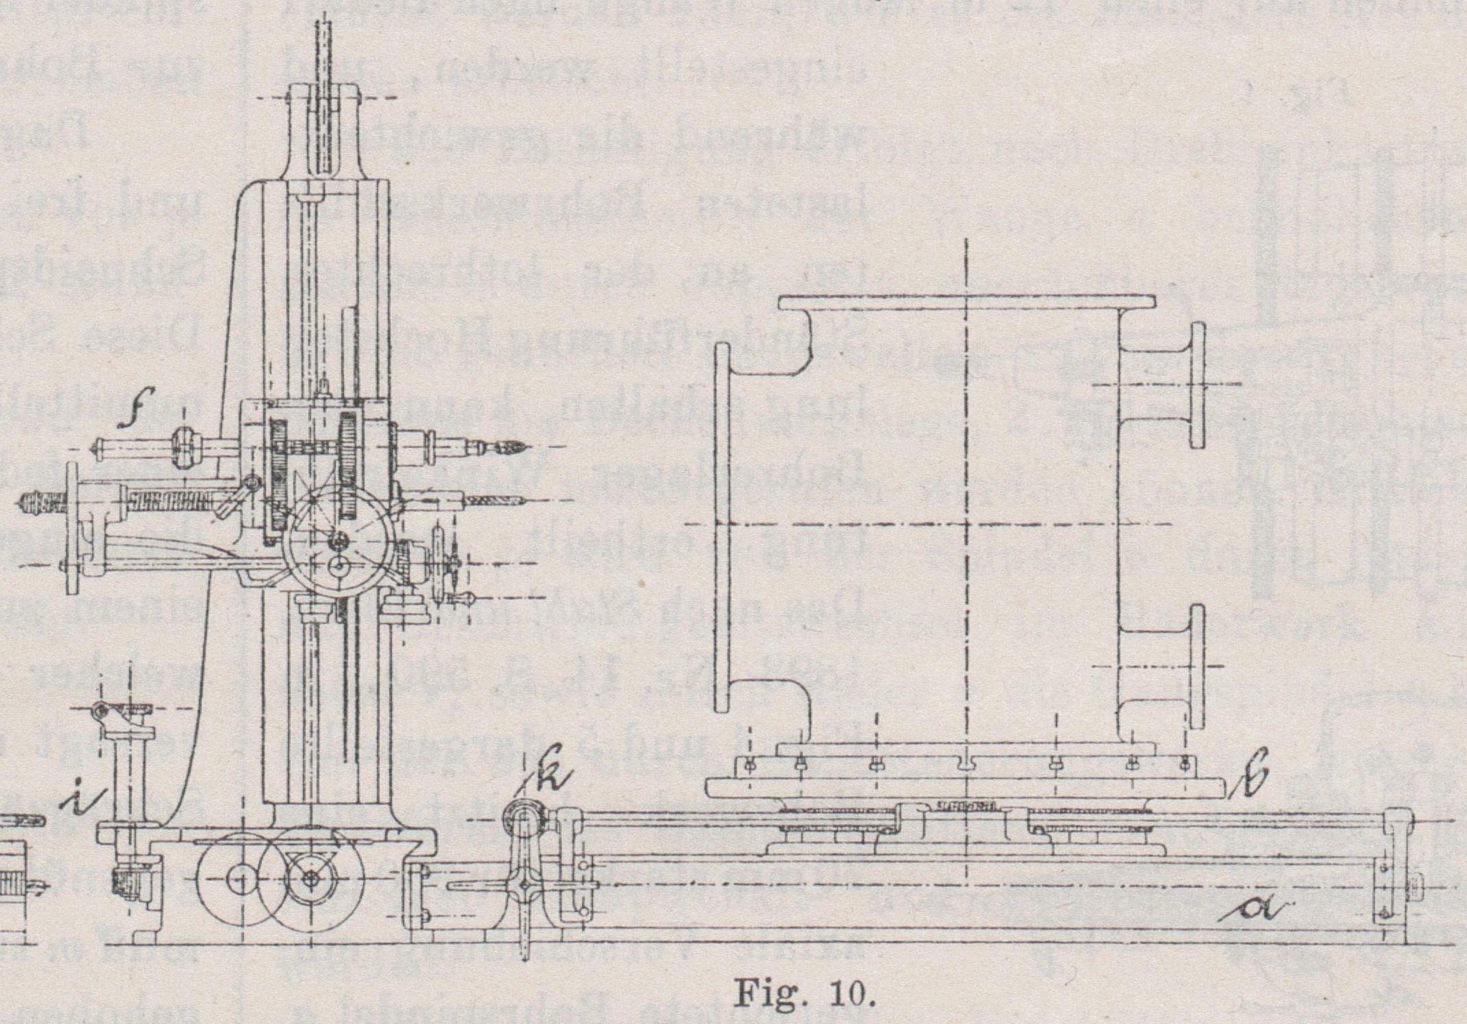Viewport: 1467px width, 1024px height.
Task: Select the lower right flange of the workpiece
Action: [x=1196, y=666]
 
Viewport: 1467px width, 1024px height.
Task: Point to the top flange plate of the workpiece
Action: [x=967, y=302]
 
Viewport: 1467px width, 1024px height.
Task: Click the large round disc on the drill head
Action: [x=339, y=541]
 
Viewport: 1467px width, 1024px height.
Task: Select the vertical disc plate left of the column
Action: [x=72, y=527]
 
